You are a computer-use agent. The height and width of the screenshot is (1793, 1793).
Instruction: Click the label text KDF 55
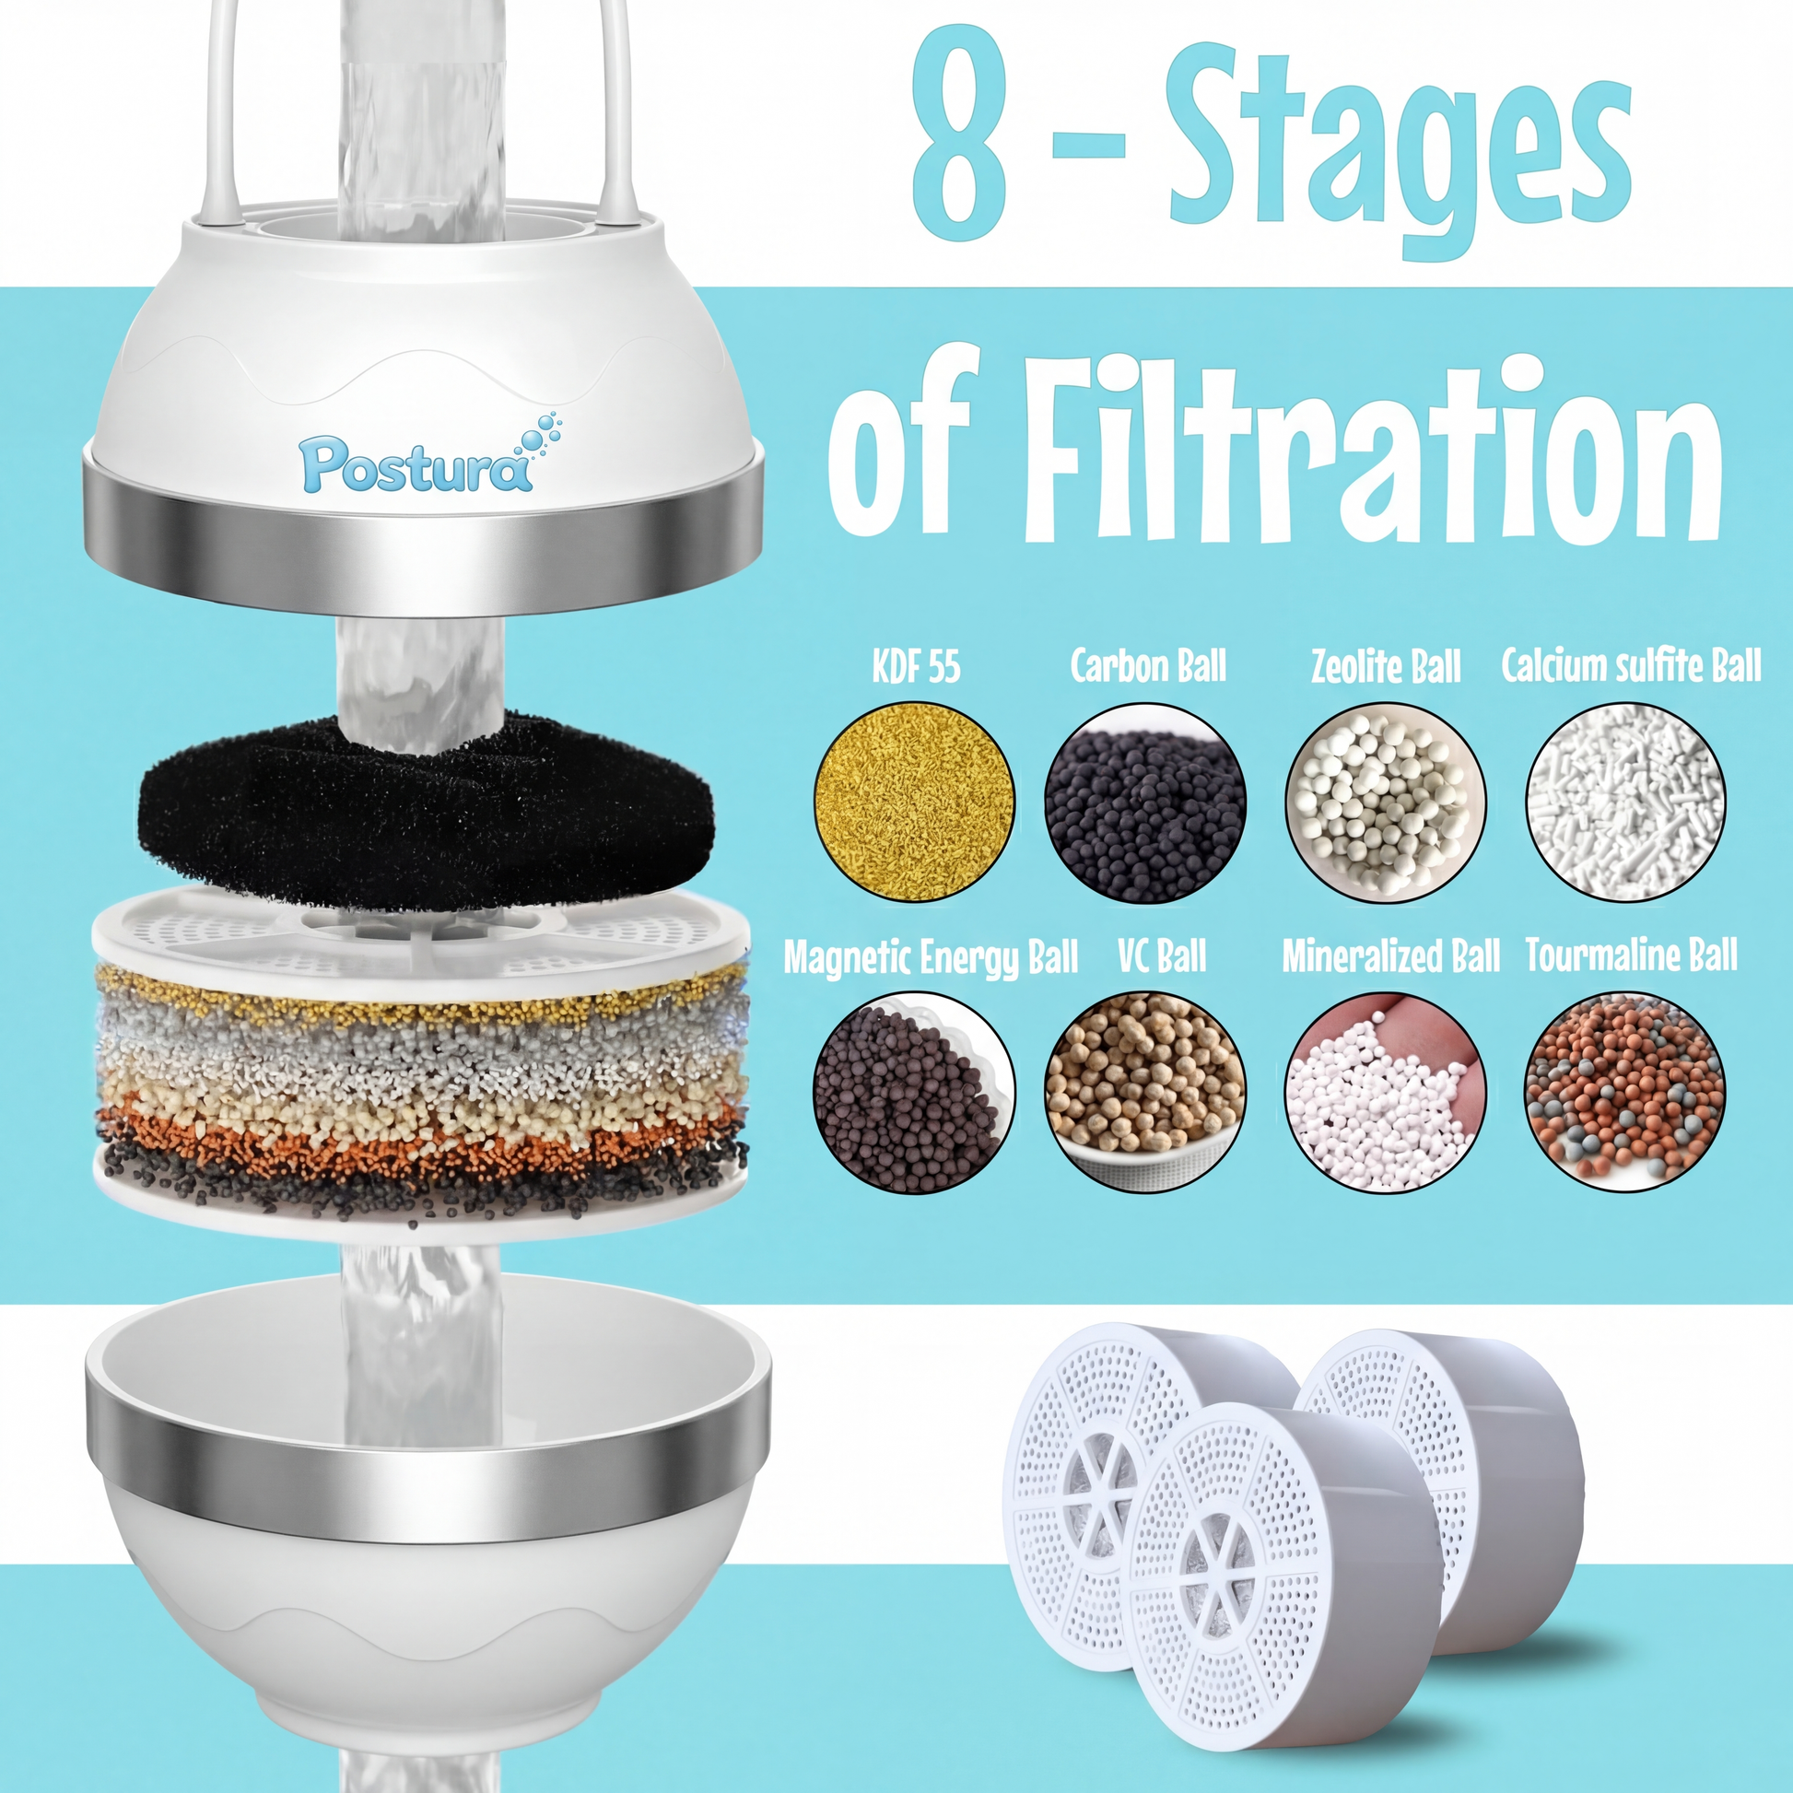click(x=916, y=666)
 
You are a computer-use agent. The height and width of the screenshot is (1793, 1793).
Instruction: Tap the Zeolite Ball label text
click(x=1386, y=666)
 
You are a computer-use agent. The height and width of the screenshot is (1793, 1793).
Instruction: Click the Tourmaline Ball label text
click(x=1632, y=955)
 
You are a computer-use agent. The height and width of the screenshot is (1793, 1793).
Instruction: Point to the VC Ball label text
click(x=1162, y=955)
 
